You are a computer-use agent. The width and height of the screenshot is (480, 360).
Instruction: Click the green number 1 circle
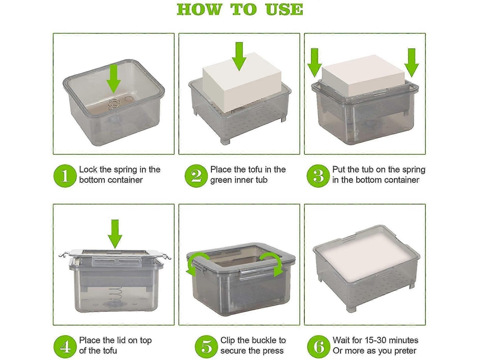65,176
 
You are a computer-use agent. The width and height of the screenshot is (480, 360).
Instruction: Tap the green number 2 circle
196,176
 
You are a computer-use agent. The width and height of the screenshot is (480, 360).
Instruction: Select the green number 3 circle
318,176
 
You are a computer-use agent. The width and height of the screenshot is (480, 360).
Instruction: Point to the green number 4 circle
65,347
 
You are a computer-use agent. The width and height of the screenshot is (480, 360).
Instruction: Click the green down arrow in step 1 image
114,78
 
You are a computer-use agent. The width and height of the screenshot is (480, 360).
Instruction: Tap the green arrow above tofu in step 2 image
239,57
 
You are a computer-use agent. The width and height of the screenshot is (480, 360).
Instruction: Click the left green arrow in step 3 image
315,63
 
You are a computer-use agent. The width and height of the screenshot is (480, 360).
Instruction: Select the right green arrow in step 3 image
411,63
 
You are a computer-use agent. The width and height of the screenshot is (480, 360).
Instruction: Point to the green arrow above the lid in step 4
115,234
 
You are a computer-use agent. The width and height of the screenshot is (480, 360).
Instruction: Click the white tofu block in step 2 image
242,83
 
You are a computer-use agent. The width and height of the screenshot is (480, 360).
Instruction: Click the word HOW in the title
199,10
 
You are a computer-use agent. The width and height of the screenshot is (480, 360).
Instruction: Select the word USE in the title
284,10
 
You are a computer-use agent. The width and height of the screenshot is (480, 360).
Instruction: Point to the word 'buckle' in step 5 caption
262,340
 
